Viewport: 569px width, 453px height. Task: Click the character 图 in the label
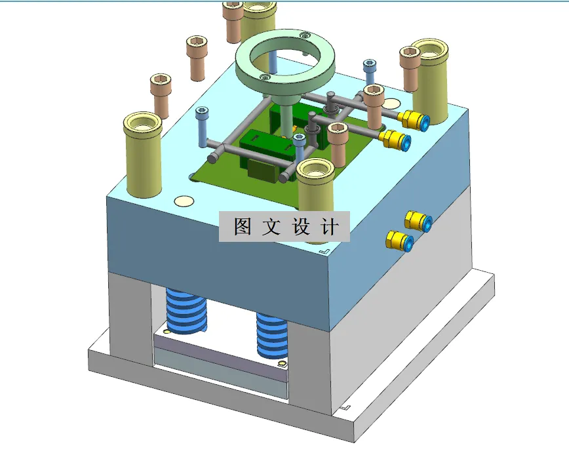tap(243, 226)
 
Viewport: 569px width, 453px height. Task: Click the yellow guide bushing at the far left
tap(142, 155)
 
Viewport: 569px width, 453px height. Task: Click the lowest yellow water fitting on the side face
tap(399, 241)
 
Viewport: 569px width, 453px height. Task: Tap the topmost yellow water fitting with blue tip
tap(416, 120)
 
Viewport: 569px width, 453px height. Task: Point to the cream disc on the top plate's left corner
tap(184, 203)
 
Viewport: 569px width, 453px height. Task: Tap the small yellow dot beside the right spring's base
tap(283, 364)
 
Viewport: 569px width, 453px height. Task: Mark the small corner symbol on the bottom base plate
tap(345, 407)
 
